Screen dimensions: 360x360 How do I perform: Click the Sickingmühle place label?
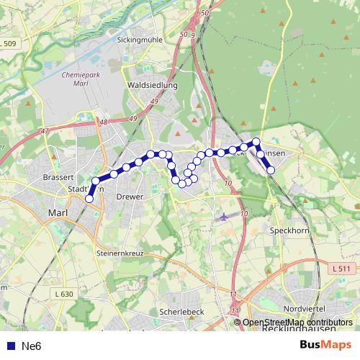coord(140,41)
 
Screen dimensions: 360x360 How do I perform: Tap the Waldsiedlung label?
coord(151,85)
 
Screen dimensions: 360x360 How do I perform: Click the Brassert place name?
coord(58,177)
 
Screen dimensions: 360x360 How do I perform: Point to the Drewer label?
coord(130,196)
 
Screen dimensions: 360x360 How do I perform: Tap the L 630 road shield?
coord(63,294)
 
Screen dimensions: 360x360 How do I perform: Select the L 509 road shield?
coord(8,44)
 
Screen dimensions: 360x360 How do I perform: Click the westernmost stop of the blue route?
coord(89,199)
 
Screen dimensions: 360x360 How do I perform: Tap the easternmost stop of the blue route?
coord(271,171)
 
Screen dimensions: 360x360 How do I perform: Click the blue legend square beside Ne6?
coord(11,346)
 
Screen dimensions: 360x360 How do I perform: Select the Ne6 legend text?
coord(32,346)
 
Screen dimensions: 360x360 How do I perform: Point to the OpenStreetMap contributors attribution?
coord(297,323)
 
